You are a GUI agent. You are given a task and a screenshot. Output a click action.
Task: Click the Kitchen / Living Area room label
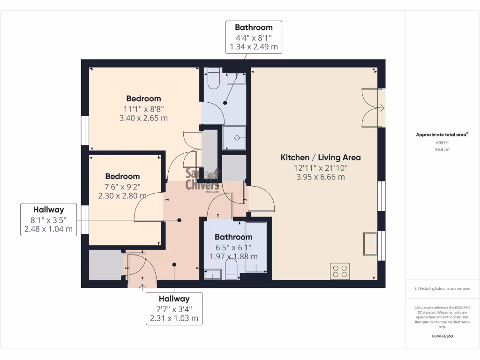click(x=321, y=157)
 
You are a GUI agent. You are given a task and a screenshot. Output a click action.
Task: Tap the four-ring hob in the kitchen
click(x=340, y=270)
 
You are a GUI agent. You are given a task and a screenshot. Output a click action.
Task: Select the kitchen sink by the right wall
click(x=370, y=244)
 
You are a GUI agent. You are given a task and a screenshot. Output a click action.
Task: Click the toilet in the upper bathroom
click(x=214, y=78)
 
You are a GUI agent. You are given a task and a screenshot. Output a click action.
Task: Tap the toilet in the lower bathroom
click(x=232, y=270)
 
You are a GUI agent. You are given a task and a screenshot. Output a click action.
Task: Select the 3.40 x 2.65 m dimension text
click(x=143, y=118)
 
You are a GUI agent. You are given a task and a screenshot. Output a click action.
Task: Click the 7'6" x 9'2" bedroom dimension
click(x=122, y=186)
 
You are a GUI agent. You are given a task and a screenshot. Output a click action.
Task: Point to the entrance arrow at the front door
click(x=142, y=287)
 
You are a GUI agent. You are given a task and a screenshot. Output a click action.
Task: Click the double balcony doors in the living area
click(x=373, y=108)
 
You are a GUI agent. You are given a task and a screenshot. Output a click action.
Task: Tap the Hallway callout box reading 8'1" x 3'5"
click(x=48, y=219)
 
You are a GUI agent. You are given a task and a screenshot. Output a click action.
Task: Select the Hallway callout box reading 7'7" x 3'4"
click(x=174, y=308)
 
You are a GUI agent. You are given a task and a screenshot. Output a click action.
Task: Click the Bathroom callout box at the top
click(x=254, y=37)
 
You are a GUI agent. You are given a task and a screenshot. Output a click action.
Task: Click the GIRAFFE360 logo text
click(x=442, y=336)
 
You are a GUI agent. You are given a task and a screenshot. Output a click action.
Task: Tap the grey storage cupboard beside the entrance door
click(x=105, y=264)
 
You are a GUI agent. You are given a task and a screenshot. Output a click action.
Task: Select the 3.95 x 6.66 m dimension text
click(x=321, y=177)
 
